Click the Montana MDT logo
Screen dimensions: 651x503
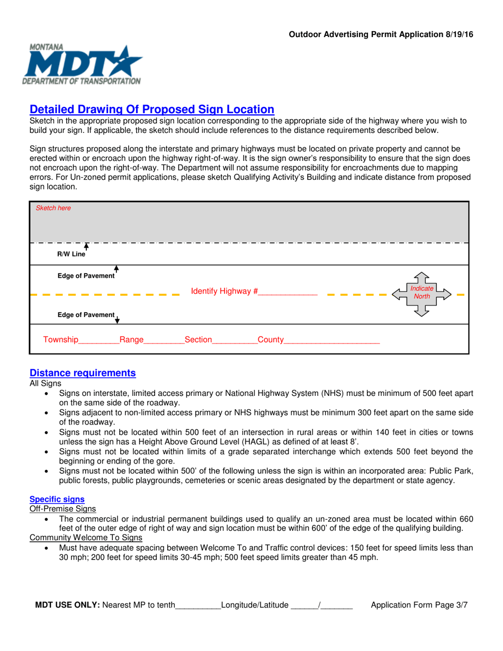pyautogui.click(x=82, y=65)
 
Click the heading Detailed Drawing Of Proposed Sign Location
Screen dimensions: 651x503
pyautogui.click(x=152, y=110)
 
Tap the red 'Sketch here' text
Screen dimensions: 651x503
pyautogui.click(x=53, y=208)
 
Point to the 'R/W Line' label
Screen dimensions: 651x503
pyautogui.click(x=71, y=254)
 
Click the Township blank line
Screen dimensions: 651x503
pyautogui.click(x=99, y=340)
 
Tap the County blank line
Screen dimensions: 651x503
pyautogui.click(x=332, y=340)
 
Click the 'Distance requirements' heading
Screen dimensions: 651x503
pyautogui.click(x=83, y=373)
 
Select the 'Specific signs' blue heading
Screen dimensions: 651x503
pyautogui.click(x=57, y=499)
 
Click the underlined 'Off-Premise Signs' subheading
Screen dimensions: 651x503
pyautogui.click(x=62, y=509)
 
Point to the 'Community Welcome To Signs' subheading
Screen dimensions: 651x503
pyautogui.click(x=86, y=538)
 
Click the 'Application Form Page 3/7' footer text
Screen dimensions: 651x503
pyautogui.click(x=419, y=605)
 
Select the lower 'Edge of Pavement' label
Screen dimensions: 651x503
pyautogui.click(x=86, y=315)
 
